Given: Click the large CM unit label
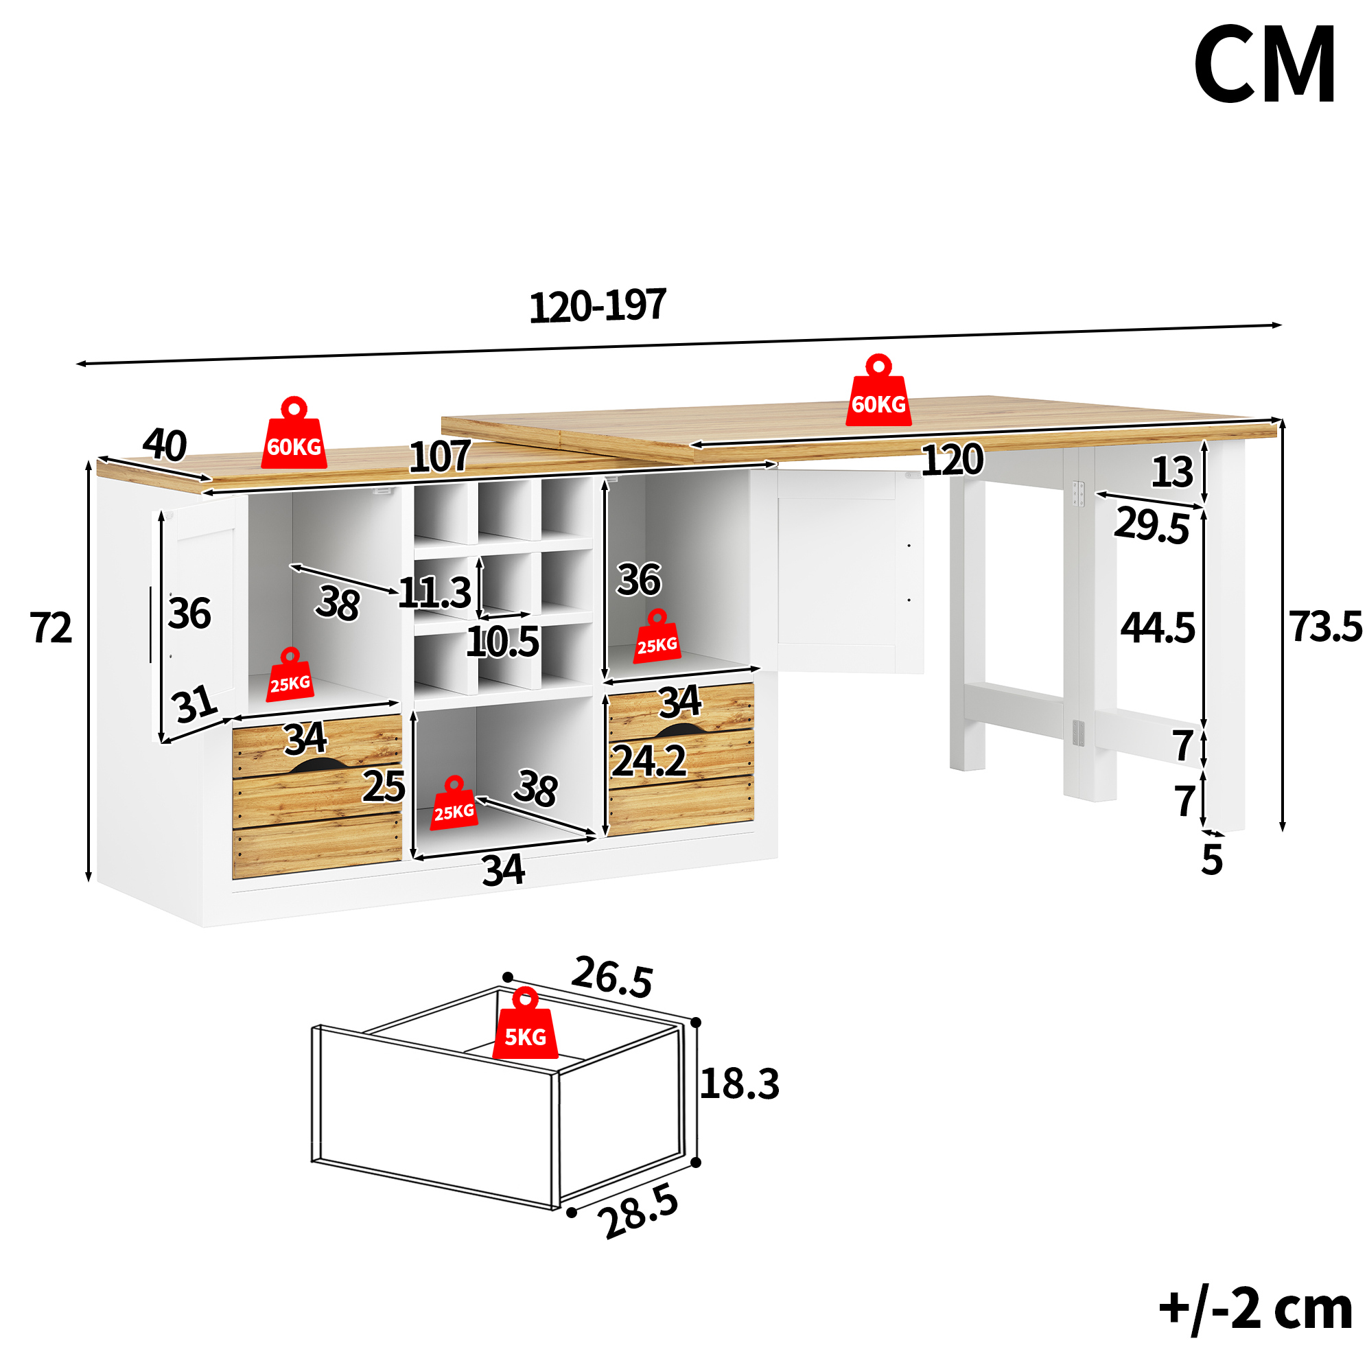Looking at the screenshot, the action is [1265, 65].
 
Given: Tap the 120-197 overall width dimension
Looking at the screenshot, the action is [598, 305].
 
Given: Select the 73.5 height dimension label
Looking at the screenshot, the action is [1324, 627].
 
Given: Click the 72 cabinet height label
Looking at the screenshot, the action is [51, 627].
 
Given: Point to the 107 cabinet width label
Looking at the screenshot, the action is [439, 456].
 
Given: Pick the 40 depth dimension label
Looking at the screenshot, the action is [165, 445].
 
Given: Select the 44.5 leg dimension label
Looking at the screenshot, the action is [1158, 627].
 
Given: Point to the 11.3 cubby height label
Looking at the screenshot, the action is [434, 593].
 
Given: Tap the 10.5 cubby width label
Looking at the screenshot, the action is [502, 642].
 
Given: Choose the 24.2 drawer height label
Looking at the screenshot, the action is [649, 761].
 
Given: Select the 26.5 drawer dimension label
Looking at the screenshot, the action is [612, 977].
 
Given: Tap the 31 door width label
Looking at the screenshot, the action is [195, 704].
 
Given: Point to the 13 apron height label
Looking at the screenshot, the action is [1172, 472].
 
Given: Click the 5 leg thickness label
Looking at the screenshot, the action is [1212, 860].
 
